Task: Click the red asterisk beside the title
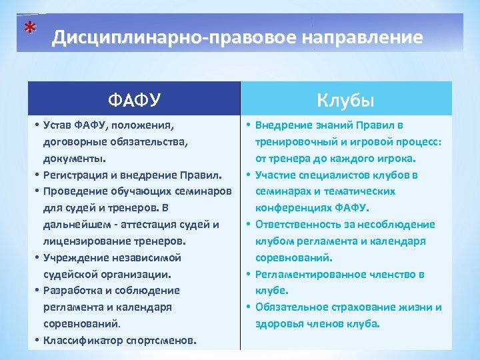(x=28, y=29)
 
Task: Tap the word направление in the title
(x=363, y=37)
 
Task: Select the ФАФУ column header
(x=134, y=100)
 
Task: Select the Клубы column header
(x=345, y=100)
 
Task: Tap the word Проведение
(x=73, y=191)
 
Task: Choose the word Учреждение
(x=73, y=257)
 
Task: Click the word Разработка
(x=72, y=291)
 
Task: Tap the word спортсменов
(x=163, y=341)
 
